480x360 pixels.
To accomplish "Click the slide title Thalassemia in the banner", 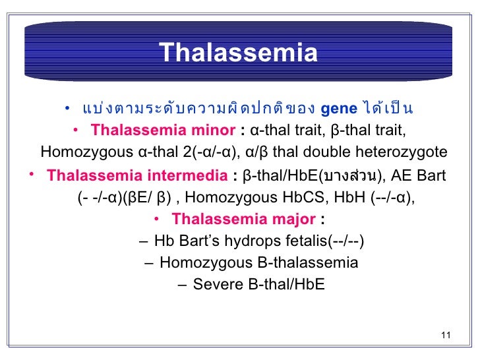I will [238, 53].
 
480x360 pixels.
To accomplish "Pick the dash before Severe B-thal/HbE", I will [182, 285].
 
